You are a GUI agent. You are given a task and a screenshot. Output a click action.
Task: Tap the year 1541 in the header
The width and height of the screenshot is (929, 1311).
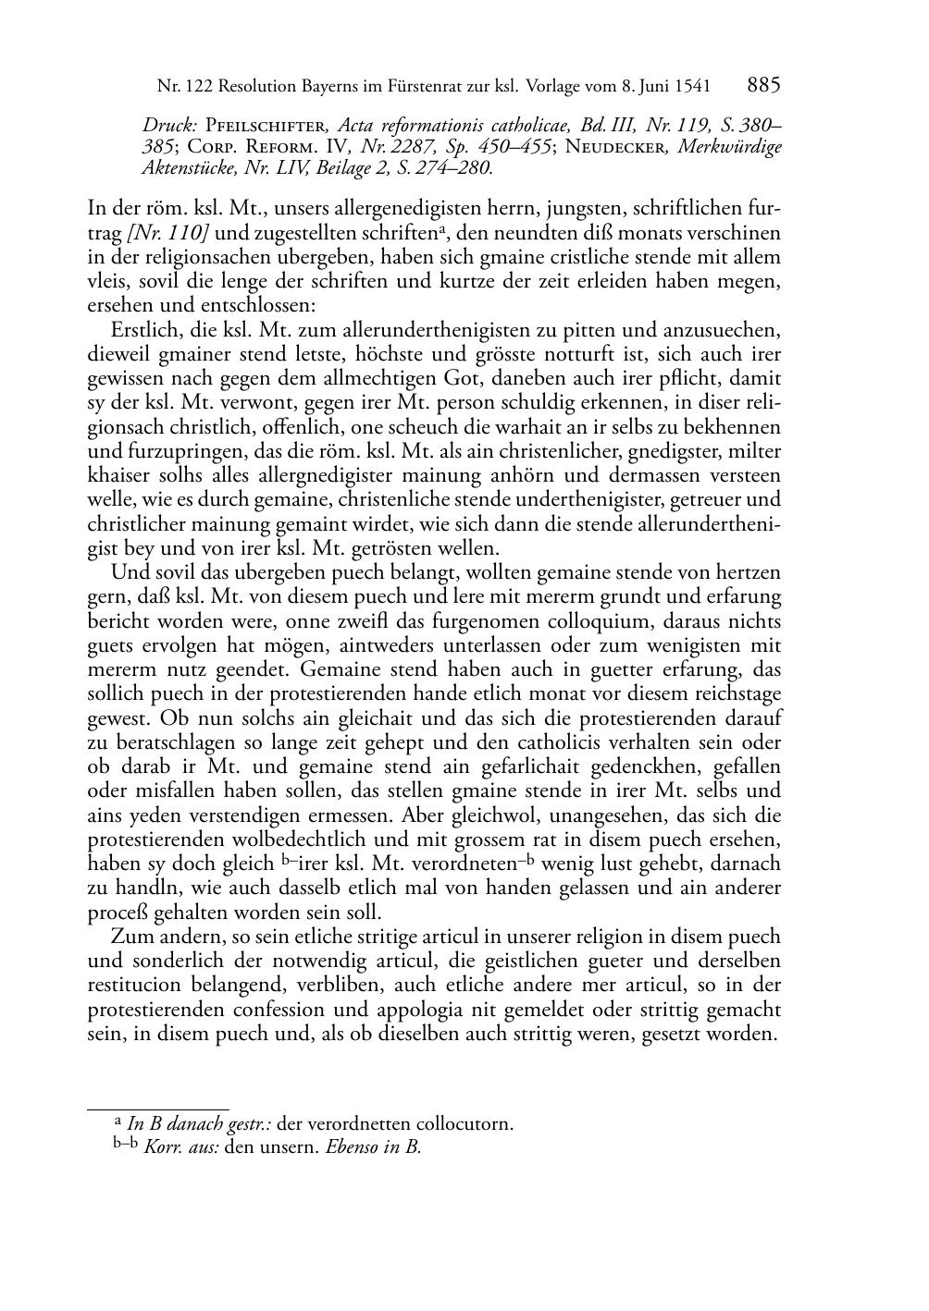(691, 87)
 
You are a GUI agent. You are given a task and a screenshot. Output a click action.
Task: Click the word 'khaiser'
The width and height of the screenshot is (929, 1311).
(116, 476)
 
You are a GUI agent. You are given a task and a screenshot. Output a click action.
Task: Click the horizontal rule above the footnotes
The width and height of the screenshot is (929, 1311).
(157, 1108)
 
